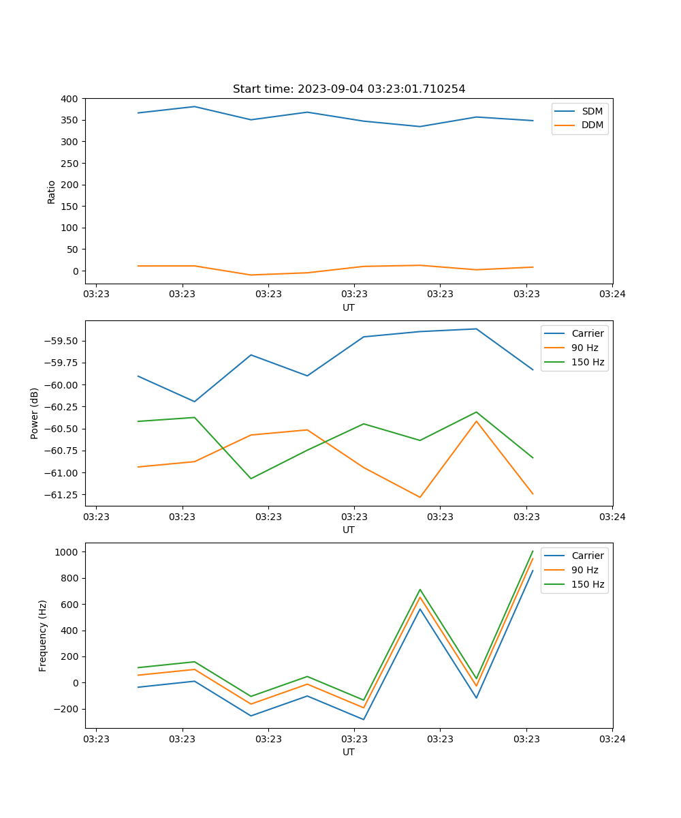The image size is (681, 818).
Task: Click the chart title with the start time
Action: click(x=349, y=89)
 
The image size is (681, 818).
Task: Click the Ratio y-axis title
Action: click(x=52, y=192)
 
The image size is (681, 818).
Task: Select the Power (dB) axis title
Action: click(x=35, y=413)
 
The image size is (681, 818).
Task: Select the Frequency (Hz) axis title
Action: click(x=43, y=635)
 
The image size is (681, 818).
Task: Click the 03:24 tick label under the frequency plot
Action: click(x=612, y=738)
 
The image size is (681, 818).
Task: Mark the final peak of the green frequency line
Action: click(x=533, y=551)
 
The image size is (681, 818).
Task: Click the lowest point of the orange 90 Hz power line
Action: click(x=419, y=497)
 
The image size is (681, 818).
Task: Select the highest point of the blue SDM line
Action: click(x=194, y=106)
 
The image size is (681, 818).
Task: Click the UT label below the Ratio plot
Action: click(x=349, y=308)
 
